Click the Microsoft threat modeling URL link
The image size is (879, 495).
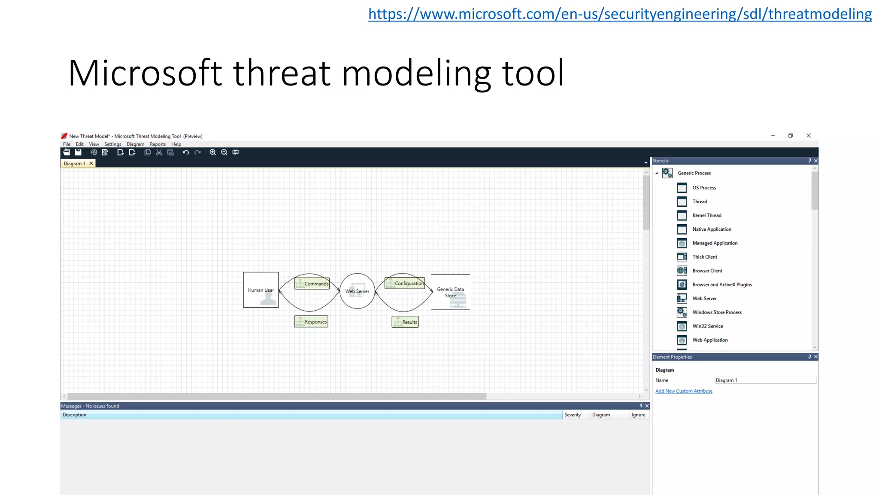[619, 14]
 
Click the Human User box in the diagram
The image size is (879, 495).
[261, 290]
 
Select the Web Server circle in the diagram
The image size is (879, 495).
[357, 291]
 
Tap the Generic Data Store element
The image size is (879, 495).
[450, 292]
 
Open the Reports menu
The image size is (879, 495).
[158, 144]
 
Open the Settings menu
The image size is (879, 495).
[112, 144]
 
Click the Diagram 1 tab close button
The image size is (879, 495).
[91, 163]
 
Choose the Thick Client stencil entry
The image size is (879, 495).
[704, 257]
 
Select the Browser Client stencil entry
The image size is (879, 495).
[707, 271]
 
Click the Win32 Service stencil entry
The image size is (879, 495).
[707, 326]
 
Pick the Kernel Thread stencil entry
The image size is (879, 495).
[706, 215]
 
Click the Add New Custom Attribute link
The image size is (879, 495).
[684, 391]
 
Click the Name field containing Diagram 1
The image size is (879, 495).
[765, 380]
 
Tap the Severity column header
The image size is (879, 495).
[573, 415]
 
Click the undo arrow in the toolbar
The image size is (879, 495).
[185, 152]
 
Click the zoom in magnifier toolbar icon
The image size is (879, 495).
[212, 152]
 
